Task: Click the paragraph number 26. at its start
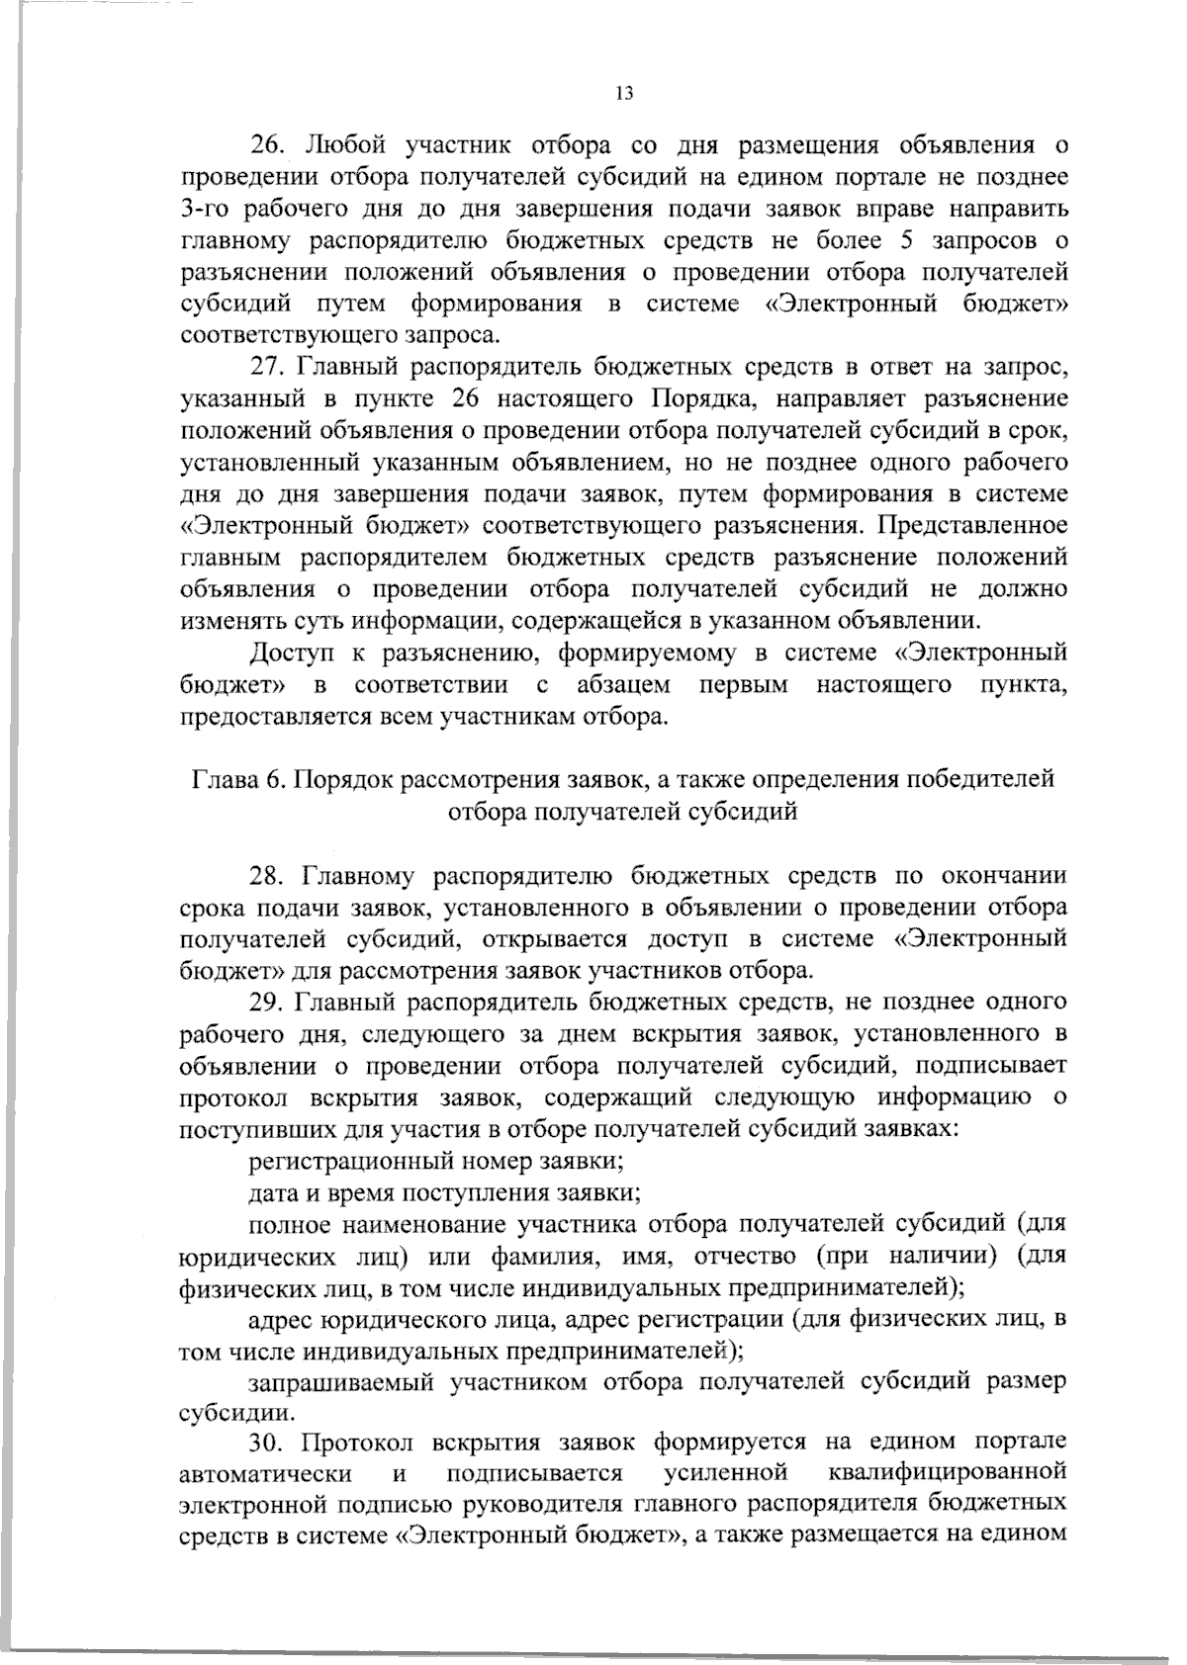click(x=268, y=145)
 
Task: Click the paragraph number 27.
click(x=268, y=368)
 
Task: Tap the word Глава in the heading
click(x=222, y=779)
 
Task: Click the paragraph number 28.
click(x=268, y=875)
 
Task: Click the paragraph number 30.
click(x=268, y=1446)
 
